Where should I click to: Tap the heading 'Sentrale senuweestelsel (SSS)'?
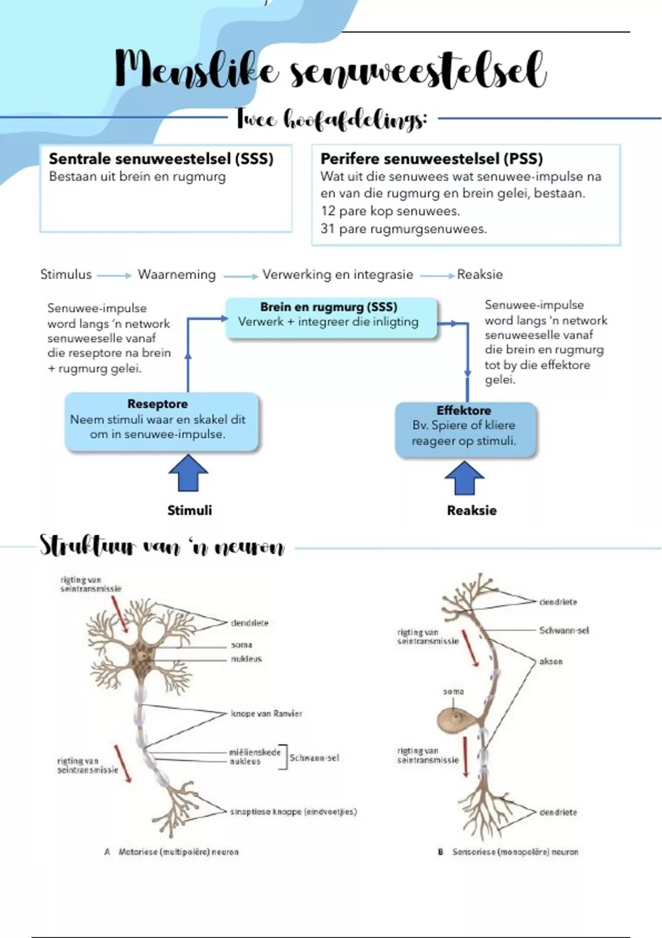coord(161,159)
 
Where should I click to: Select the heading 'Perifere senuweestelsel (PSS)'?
coord(431,159)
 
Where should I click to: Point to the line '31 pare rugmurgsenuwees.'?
coord(403,229)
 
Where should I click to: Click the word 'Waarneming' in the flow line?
coord(177,274)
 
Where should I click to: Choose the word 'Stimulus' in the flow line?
coord(66,274)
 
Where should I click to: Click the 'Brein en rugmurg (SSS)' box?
coord(331,318)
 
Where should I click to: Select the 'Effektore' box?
coord(465,429)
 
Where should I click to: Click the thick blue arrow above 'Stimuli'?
coord(188,473)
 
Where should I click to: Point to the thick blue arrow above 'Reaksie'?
coord(465,478)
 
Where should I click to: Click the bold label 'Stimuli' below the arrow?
coord(189,510)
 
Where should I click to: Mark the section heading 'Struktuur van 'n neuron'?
coord(162,546)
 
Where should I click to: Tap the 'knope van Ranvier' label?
coord(266,713)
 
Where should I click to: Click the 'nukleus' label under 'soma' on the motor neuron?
coord(246,659)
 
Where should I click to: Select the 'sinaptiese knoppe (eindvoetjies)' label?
coord(293,812)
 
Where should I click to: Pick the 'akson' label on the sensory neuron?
coord(551,661)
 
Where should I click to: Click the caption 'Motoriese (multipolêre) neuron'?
coord(178,852)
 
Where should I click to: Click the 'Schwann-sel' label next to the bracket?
coord(314,758)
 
